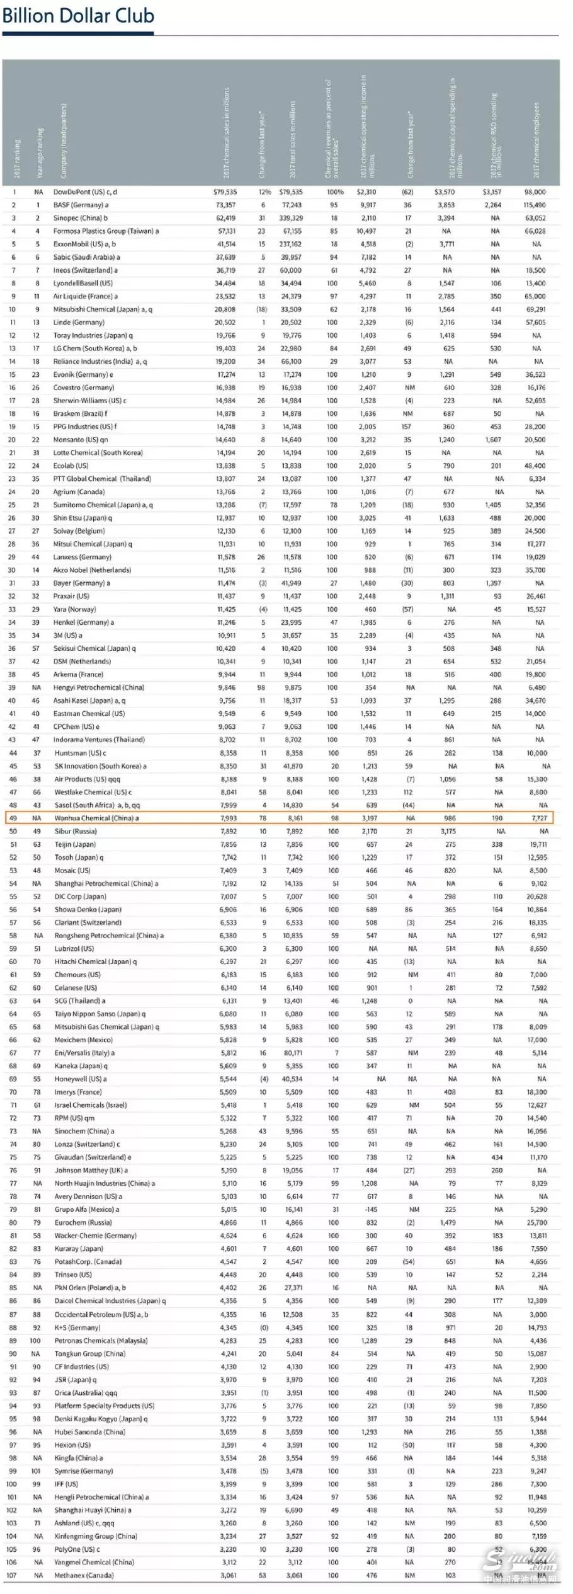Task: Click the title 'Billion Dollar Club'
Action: (x=78, y=16)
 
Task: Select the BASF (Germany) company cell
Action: (x=81, y=205)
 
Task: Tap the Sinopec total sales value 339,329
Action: (x=291, y=218)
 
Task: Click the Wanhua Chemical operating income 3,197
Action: (x=369, y=818)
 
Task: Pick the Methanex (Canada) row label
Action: (x=84, y=1575)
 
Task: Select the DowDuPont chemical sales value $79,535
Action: (x=225, y=192)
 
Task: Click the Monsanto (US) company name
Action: (x=80, y=440)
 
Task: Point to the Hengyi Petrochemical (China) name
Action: (x=99, y=688)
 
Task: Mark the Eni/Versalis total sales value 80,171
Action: (x=293, y=1053)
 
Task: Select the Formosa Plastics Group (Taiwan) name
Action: (x=106, y=231)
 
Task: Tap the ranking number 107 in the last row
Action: (x=11, y=1575)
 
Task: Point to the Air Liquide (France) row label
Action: (x=85, y=296)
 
